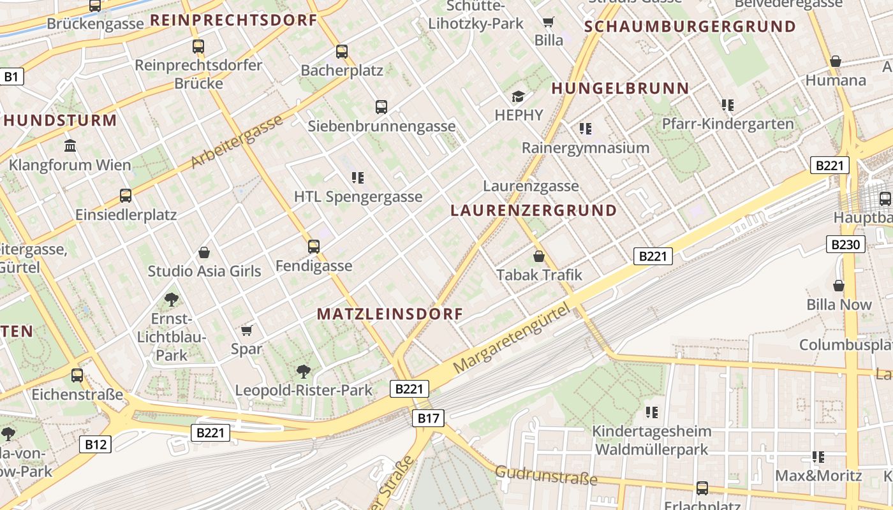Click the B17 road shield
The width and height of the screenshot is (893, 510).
(x=428, y=418)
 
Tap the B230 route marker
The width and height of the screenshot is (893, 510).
(x=846, y=244)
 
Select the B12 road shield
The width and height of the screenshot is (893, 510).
(x=95, y=444)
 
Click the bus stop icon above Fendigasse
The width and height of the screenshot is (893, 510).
(x=313, y=247)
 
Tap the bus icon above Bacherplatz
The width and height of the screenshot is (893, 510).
(x=342, y=52)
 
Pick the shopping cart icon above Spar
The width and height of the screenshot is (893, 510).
(x=247, y=330)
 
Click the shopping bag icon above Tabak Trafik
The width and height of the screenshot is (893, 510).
(x=539, y=256)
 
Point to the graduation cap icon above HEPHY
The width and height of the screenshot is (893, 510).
(x=518, y=97)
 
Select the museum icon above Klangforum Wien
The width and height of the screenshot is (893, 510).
(x=70, y=146)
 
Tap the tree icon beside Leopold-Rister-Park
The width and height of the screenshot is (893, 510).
(x=304, y=371)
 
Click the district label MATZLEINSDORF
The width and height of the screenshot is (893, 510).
(x=390, y=314)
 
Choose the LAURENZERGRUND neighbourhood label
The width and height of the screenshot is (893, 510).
(x=534, y=210)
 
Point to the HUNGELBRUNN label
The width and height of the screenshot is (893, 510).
(x=620, y=89)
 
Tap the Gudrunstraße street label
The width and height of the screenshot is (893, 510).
(x=546, y=475)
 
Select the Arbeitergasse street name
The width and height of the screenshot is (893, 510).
(x=237, y=143)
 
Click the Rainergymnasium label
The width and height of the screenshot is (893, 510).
(x=585, y=148)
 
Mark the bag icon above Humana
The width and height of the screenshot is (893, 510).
(x=836, y=62)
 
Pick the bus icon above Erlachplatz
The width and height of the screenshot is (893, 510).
(x=702, y=488)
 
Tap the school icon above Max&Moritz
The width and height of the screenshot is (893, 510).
(x=818, y=457)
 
